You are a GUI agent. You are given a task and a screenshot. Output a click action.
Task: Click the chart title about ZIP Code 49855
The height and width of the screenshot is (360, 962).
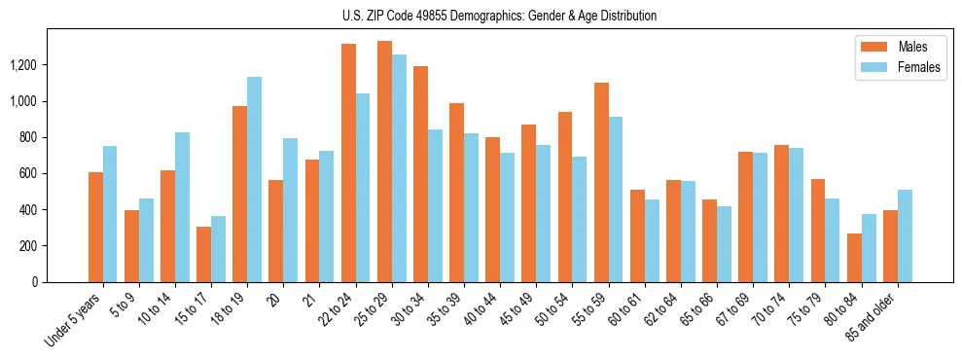(x=500, y=16)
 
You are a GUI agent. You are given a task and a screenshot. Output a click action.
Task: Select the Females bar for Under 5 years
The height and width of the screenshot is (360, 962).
(x=110, y=214)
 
